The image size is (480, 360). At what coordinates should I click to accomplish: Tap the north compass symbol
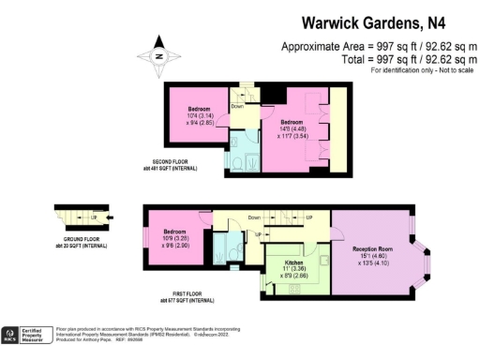(160, 55)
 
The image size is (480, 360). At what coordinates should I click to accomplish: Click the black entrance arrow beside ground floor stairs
(112, 220)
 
